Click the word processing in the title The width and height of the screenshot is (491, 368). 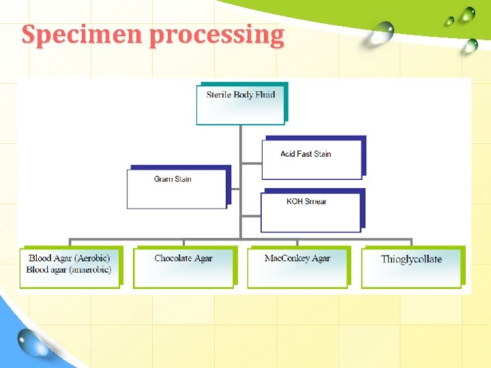tap(216, 35)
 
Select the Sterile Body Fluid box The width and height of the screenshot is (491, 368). tap(240, 104)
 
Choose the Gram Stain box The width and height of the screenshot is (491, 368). tap(176, 188)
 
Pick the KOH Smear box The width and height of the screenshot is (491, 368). tap(310, 212)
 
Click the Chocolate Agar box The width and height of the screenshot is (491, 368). tap(183, 266)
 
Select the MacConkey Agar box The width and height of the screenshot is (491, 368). tap(297, 266)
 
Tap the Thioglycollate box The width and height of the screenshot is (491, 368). tap(411, 266)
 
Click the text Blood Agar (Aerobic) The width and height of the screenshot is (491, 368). tap(69, 258)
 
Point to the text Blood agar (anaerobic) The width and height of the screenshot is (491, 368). tap(69, 270)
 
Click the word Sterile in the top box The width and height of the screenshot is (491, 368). tap(219, 95)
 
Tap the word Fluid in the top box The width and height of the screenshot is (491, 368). tap(265, 95)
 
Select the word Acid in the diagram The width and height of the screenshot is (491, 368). tap(288, 154)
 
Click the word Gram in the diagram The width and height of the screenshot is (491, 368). tap(163, 179)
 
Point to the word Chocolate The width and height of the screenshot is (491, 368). tap(172, 258)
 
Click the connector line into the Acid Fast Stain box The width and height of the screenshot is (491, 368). tap(251, 163)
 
